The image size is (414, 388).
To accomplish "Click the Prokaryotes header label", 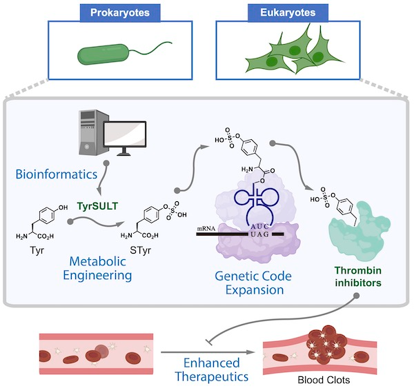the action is tap(120, 12).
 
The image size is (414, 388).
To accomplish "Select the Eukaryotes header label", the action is tap(288, 12).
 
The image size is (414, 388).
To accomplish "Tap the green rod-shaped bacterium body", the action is tap(103, 54).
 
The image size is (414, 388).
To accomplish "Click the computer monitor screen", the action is tap(125, 134).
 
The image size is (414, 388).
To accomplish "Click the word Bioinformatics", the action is tap(57, 174).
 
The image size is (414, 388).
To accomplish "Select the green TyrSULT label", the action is tap(97, 206).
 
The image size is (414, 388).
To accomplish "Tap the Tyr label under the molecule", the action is tap(37, 250).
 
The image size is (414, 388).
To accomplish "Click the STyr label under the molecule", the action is tap(141, 250).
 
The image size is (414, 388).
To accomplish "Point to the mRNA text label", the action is tap(206, 228).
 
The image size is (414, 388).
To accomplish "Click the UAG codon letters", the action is tap(260, 234).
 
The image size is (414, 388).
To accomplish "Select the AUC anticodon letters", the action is tap(260, 226).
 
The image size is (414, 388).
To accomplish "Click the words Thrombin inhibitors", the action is tap(358, 276).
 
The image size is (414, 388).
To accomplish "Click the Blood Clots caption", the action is tap(324, 380).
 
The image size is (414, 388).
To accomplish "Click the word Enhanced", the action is tap(212, 363).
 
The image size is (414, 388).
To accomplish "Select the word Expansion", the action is tap(255, 289).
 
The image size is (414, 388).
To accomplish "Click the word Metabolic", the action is tap(98, 261).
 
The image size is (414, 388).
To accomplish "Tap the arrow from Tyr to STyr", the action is tap(96, 220).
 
